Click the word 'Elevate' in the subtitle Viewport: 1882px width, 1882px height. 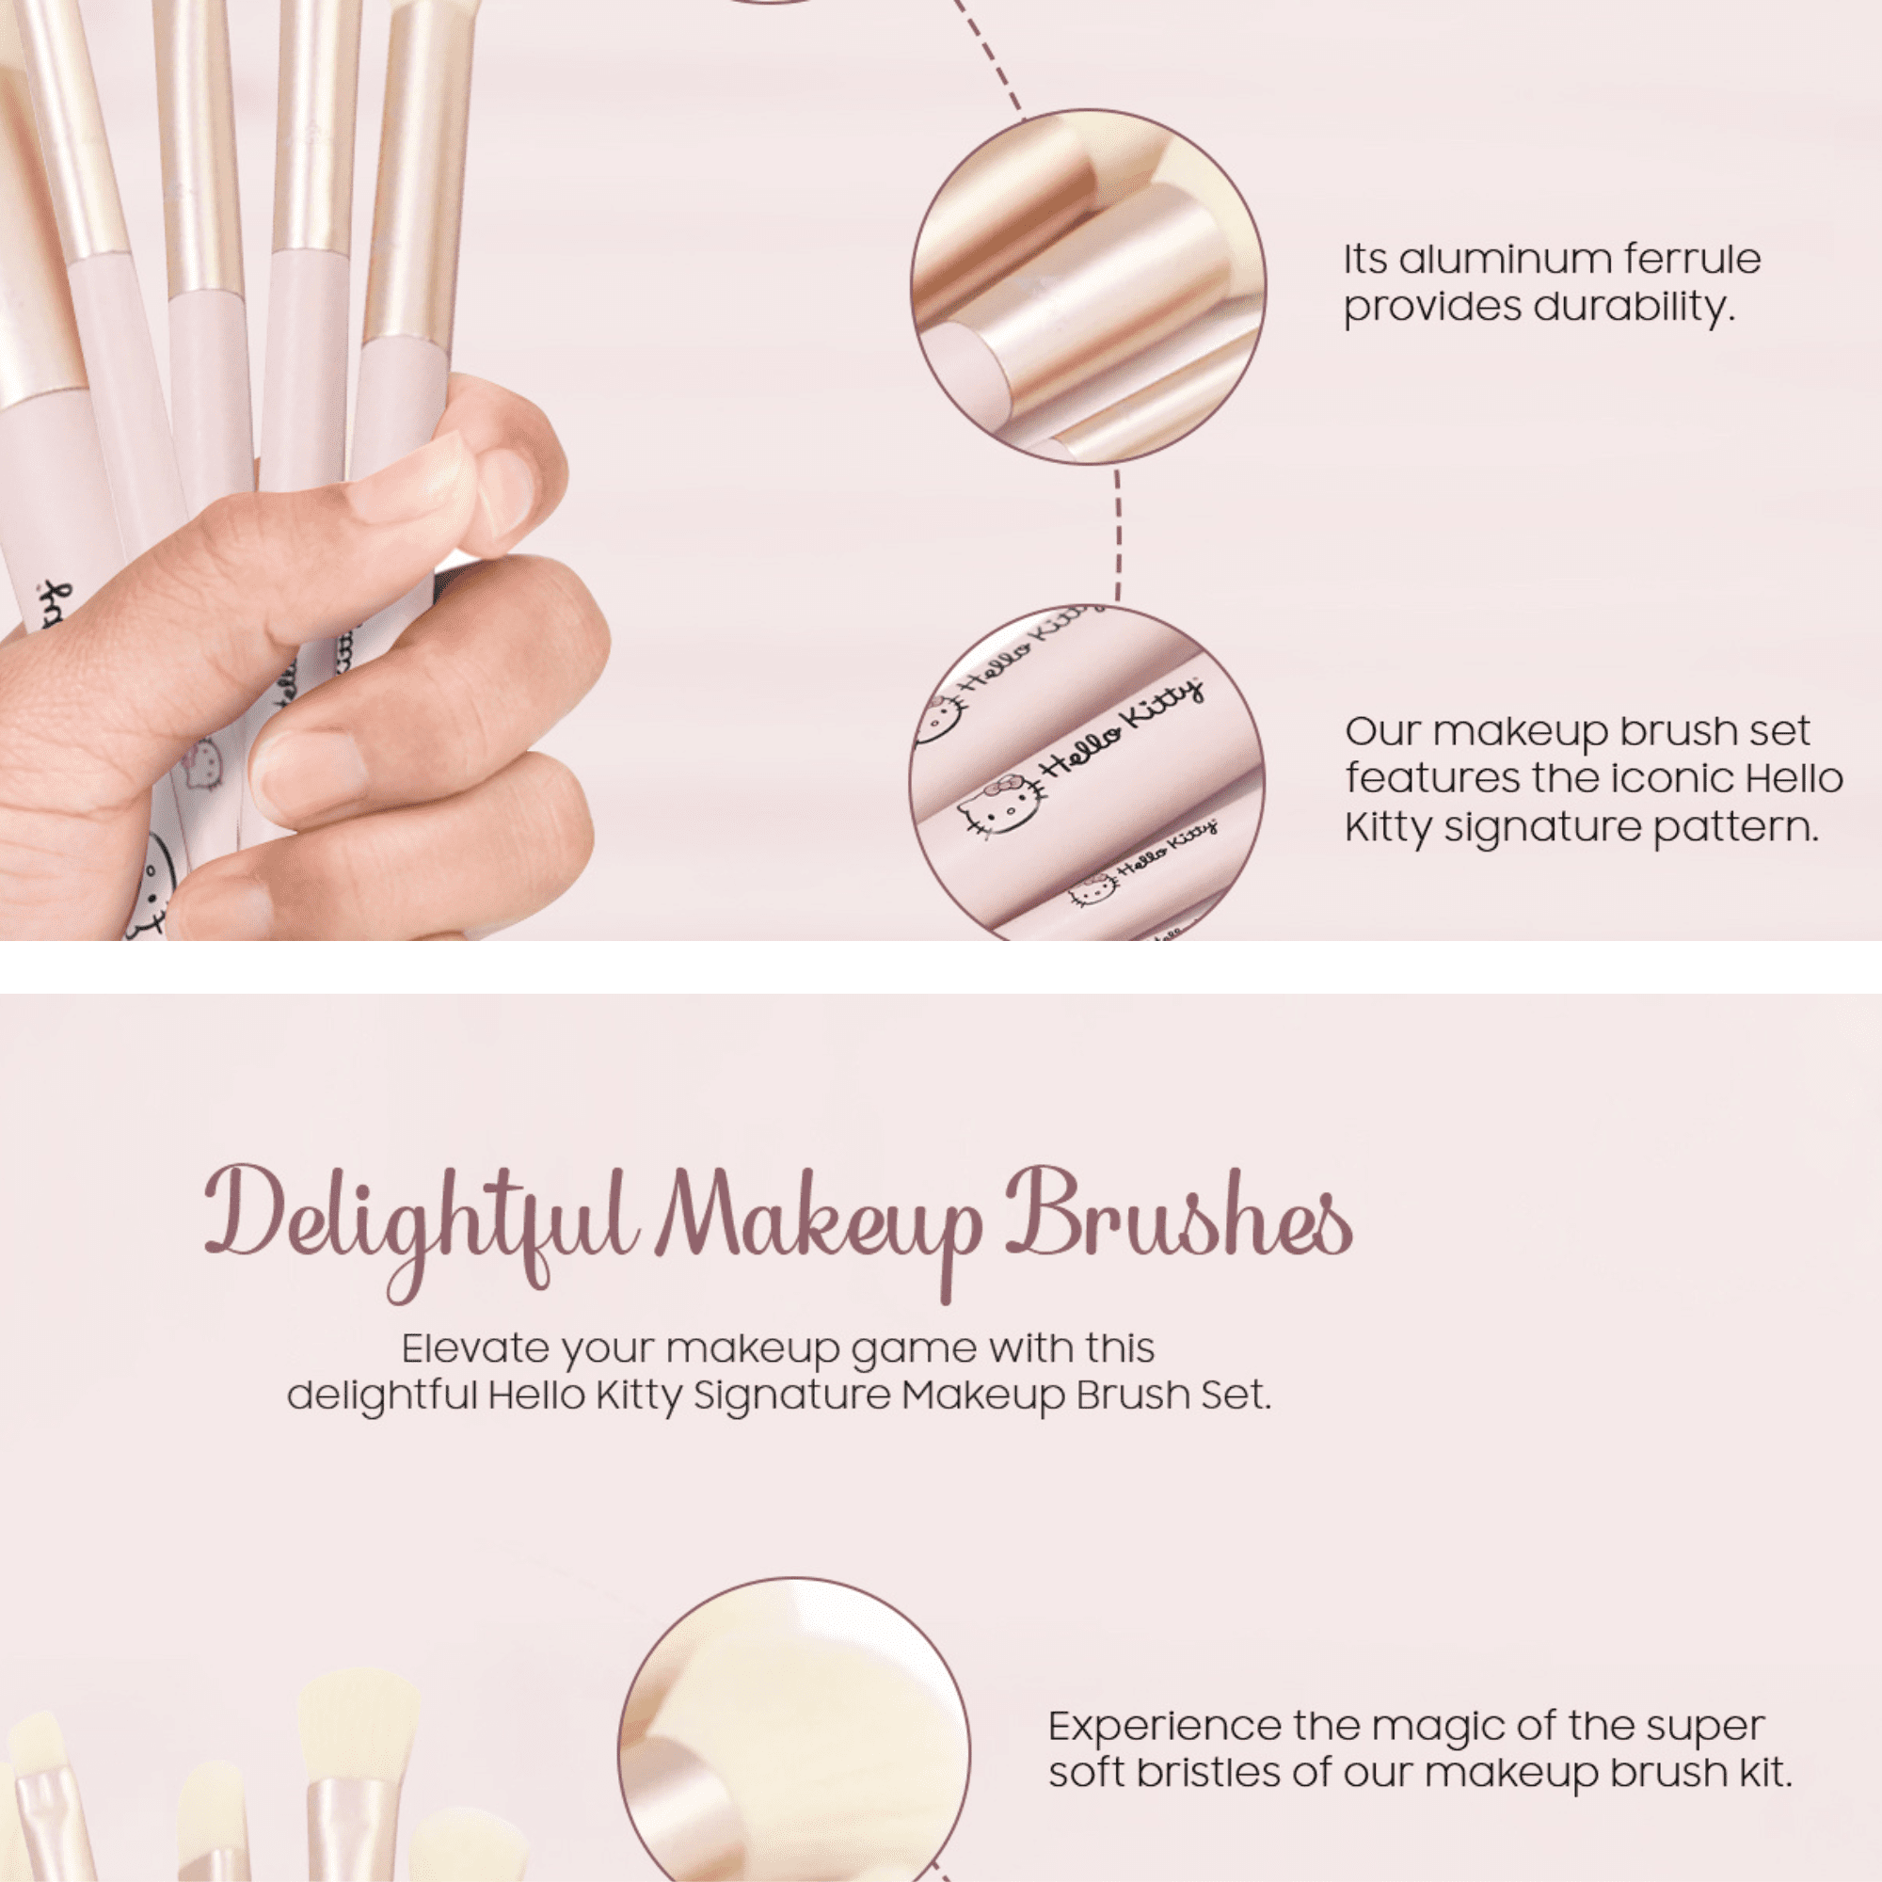(475, 1349)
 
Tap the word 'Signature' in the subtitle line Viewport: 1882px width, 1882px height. (792, 1396)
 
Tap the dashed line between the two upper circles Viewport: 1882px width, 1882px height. (1117, 534)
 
